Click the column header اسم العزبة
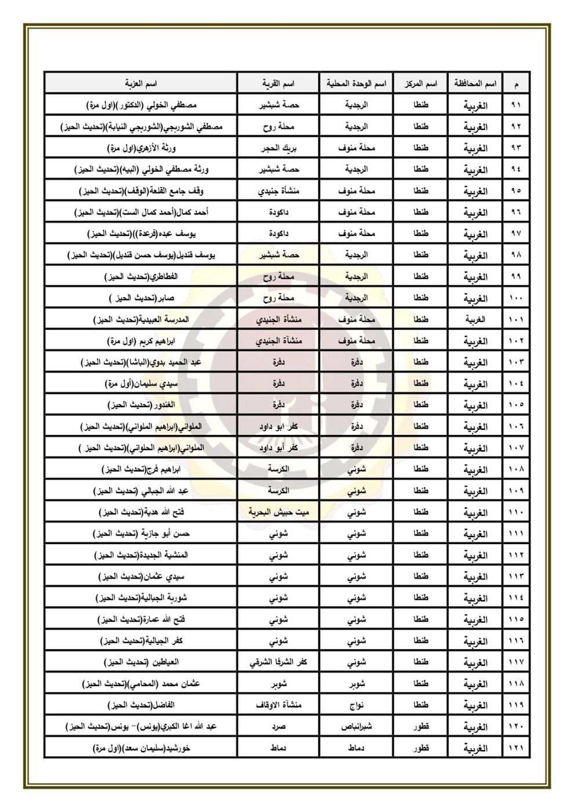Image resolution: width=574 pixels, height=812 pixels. pos(141,84)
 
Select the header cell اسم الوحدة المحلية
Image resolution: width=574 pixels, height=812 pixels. pos(357,84)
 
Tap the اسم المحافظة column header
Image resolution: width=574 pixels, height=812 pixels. pos(475,84)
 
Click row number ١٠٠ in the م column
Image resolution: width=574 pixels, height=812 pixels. pos(515,298)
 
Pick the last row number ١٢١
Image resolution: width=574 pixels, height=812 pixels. pos(515,748)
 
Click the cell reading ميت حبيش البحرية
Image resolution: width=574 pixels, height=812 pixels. pos(278,512)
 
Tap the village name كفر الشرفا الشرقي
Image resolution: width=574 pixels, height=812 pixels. pos(278,662)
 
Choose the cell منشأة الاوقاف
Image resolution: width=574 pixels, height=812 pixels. pos(279,705)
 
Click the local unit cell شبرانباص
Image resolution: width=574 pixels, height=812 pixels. pos(357,727)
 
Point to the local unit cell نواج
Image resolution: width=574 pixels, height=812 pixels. pos(357,705)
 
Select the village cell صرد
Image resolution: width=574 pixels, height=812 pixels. pos(279,727)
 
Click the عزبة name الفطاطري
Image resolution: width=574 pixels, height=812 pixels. pos(141,277)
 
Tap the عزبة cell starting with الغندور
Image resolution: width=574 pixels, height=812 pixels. pos(141,405)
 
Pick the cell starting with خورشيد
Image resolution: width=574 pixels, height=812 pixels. pos(141,748)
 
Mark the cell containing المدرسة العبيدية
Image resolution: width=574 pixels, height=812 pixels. pos(141,320)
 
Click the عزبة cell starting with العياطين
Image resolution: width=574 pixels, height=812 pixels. pos(141,662)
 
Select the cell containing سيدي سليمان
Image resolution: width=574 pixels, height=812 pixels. pos(141,383)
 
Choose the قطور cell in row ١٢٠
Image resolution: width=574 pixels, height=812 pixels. pos(420,727)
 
